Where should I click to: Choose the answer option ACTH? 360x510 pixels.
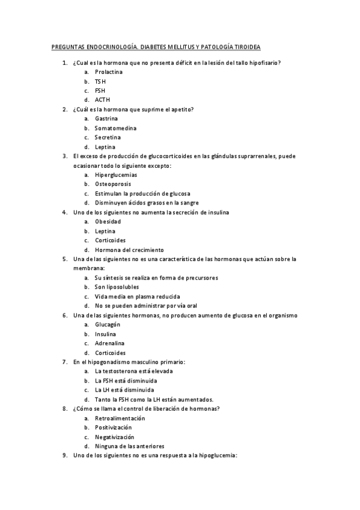click(103, 100)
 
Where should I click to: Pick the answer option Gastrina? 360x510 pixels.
click(106, 118)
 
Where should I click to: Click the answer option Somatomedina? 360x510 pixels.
click(115, 128)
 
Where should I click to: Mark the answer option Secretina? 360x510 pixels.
click(108, 137)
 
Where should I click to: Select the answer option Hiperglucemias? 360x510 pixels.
click(115, 175)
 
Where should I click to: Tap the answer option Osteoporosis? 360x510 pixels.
click(113, 184)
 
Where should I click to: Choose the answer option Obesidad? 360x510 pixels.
click(108, 222)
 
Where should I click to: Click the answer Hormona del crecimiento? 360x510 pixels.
click(129, 250)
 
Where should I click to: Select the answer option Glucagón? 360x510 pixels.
click(108, 325)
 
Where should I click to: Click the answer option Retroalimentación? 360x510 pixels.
click(120, 418)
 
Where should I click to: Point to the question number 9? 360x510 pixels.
click(65, 455)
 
